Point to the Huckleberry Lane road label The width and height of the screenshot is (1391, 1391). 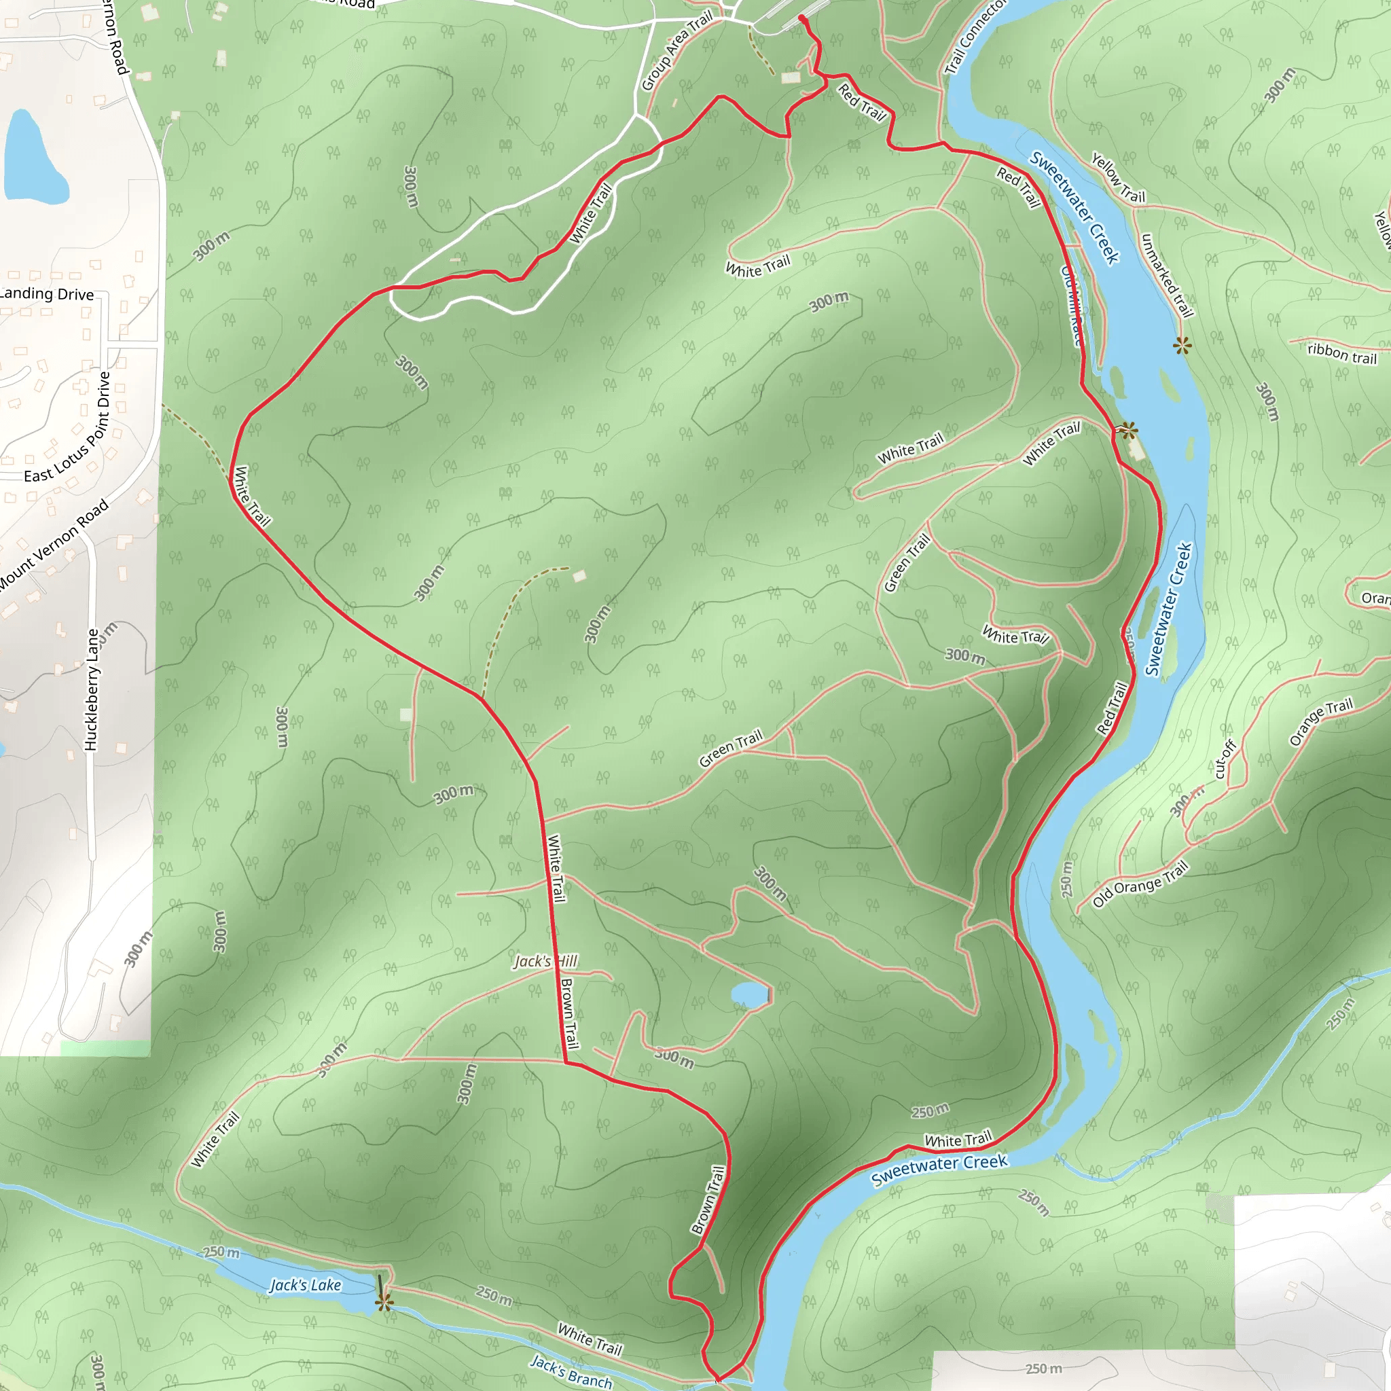pyautogui.click(x=92, y=690)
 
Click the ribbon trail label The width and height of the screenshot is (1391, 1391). pyautogui.click(x=1342, y=353)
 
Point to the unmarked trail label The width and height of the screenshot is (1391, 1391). pyautogui.click(x=1167, y=275)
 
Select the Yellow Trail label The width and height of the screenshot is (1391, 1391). pyautogui.click(x=1117, y=177)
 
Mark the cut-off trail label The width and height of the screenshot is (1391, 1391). pyautogui.click(x=1225, y=759)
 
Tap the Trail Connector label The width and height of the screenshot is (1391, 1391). pyautogui.click(x=975, y=36)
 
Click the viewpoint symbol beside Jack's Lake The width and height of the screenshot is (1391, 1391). pyautogui.click(x=384, y=1302)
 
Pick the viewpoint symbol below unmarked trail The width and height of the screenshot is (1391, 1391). pyautogui.click(x=1182, y=346)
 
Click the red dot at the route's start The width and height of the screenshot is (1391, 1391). pyautogui.click(x=801, y=18)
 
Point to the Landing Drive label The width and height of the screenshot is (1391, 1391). pyautogui.click(x=46, y=293)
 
